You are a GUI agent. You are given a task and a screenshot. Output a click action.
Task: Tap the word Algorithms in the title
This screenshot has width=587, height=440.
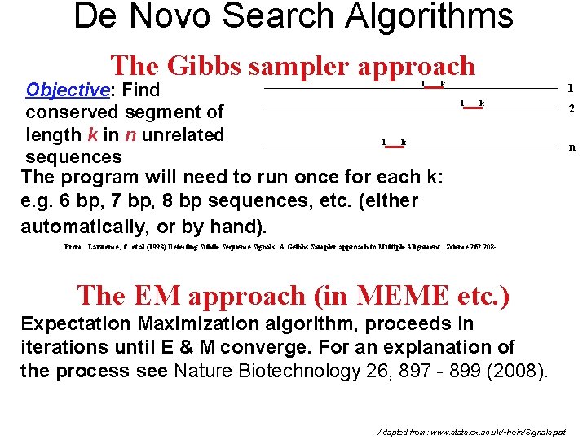422,16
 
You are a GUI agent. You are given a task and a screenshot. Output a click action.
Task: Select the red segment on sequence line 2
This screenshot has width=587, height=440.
471,108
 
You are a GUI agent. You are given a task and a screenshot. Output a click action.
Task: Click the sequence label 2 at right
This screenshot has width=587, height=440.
572,109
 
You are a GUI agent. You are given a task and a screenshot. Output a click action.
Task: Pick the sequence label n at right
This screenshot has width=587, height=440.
572,147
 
